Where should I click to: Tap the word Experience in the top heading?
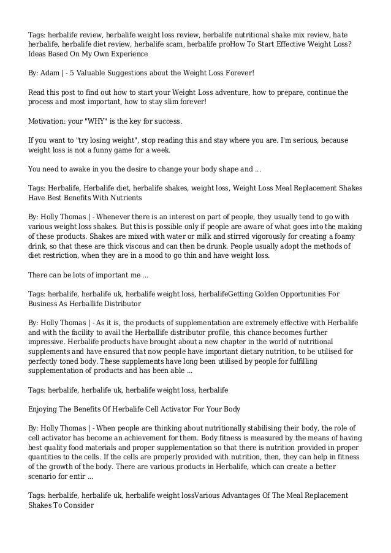(x=128, y=54)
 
